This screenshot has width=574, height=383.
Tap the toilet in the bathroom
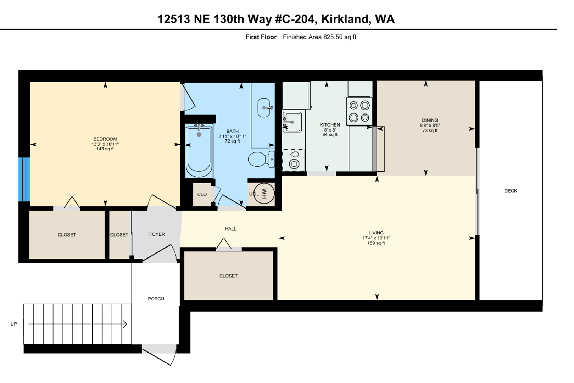261,159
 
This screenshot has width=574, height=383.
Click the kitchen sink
292,122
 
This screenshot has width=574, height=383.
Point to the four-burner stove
359,111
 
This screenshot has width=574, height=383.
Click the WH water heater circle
264,193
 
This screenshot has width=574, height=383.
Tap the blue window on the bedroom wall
24,179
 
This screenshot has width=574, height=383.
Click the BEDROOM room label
105,139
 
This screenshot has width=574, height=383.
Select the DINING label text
430,120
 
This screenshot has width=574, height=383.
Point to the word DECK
511,191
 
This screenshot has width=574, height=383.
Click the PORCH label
156,299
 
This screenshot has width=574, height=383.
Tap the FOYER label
157,234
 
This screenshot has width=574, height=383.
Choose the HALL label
230,229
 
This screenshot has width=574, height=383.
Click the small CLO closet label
202,194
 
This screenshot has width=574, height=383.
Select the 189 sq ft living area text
376,243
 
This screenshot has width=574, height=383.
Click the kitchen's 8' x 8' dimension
330,130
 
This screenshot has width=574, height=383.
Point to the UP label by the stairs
13,324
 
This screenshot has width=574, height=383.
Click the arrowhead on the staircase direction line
125,324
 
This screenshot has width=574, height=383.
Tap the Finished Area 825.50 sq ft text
319,37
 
